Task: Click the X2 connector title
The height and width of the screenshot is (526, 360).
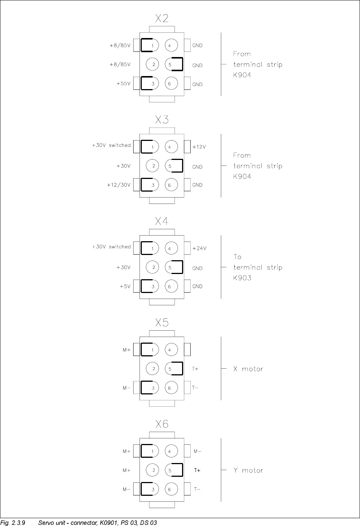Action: pos(162,18)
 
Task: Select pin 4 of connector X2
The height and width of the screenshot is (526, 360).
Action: pos(170,45)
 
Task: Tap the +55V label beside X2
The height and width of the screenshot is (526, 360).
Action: pos(123,84)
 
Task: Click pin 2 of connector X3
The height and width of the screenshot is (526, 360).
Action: pos(153,166)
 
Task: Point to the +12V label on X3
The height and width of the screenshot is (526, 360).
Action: pos(199,147)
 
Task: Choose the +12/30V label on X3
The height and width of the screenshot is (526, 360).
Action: pos(119,185)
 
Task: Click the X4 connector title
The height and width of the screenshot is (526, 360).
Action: pos(162,221)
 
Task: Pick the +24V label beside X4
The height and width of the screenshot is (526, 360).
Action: pos(199,248)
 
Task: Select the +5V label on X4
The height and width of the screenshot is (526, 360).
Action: pos(125,287)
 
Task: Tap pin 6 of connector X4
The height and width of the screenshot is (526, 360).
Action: pos(170,287)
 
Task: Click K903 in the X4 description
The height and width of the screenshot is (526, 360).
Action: pos(242,278)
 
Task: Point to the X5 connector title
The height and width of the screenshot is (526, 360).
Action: pos(162,323)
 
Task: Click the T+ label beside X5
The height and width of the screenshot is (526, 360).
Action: pos(195,369)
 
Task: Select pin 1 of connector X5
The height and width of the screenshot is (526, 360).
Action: pos(153,350)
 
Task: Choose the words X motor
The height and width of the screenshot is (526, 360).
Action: pos(248,369)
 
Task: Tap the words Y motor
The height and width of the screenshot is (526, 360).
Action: pos(248,470)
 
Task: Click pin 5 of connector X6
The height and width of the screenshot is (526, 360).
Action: pos(170,470)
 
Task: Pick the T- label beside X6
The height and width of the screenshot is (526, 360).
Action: pos(197,489)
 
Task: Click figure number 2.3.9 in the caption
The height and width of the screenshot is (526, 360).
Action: pos(18,523)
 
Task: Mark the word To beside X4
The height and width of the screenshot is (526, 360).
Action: pos(237,257)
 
